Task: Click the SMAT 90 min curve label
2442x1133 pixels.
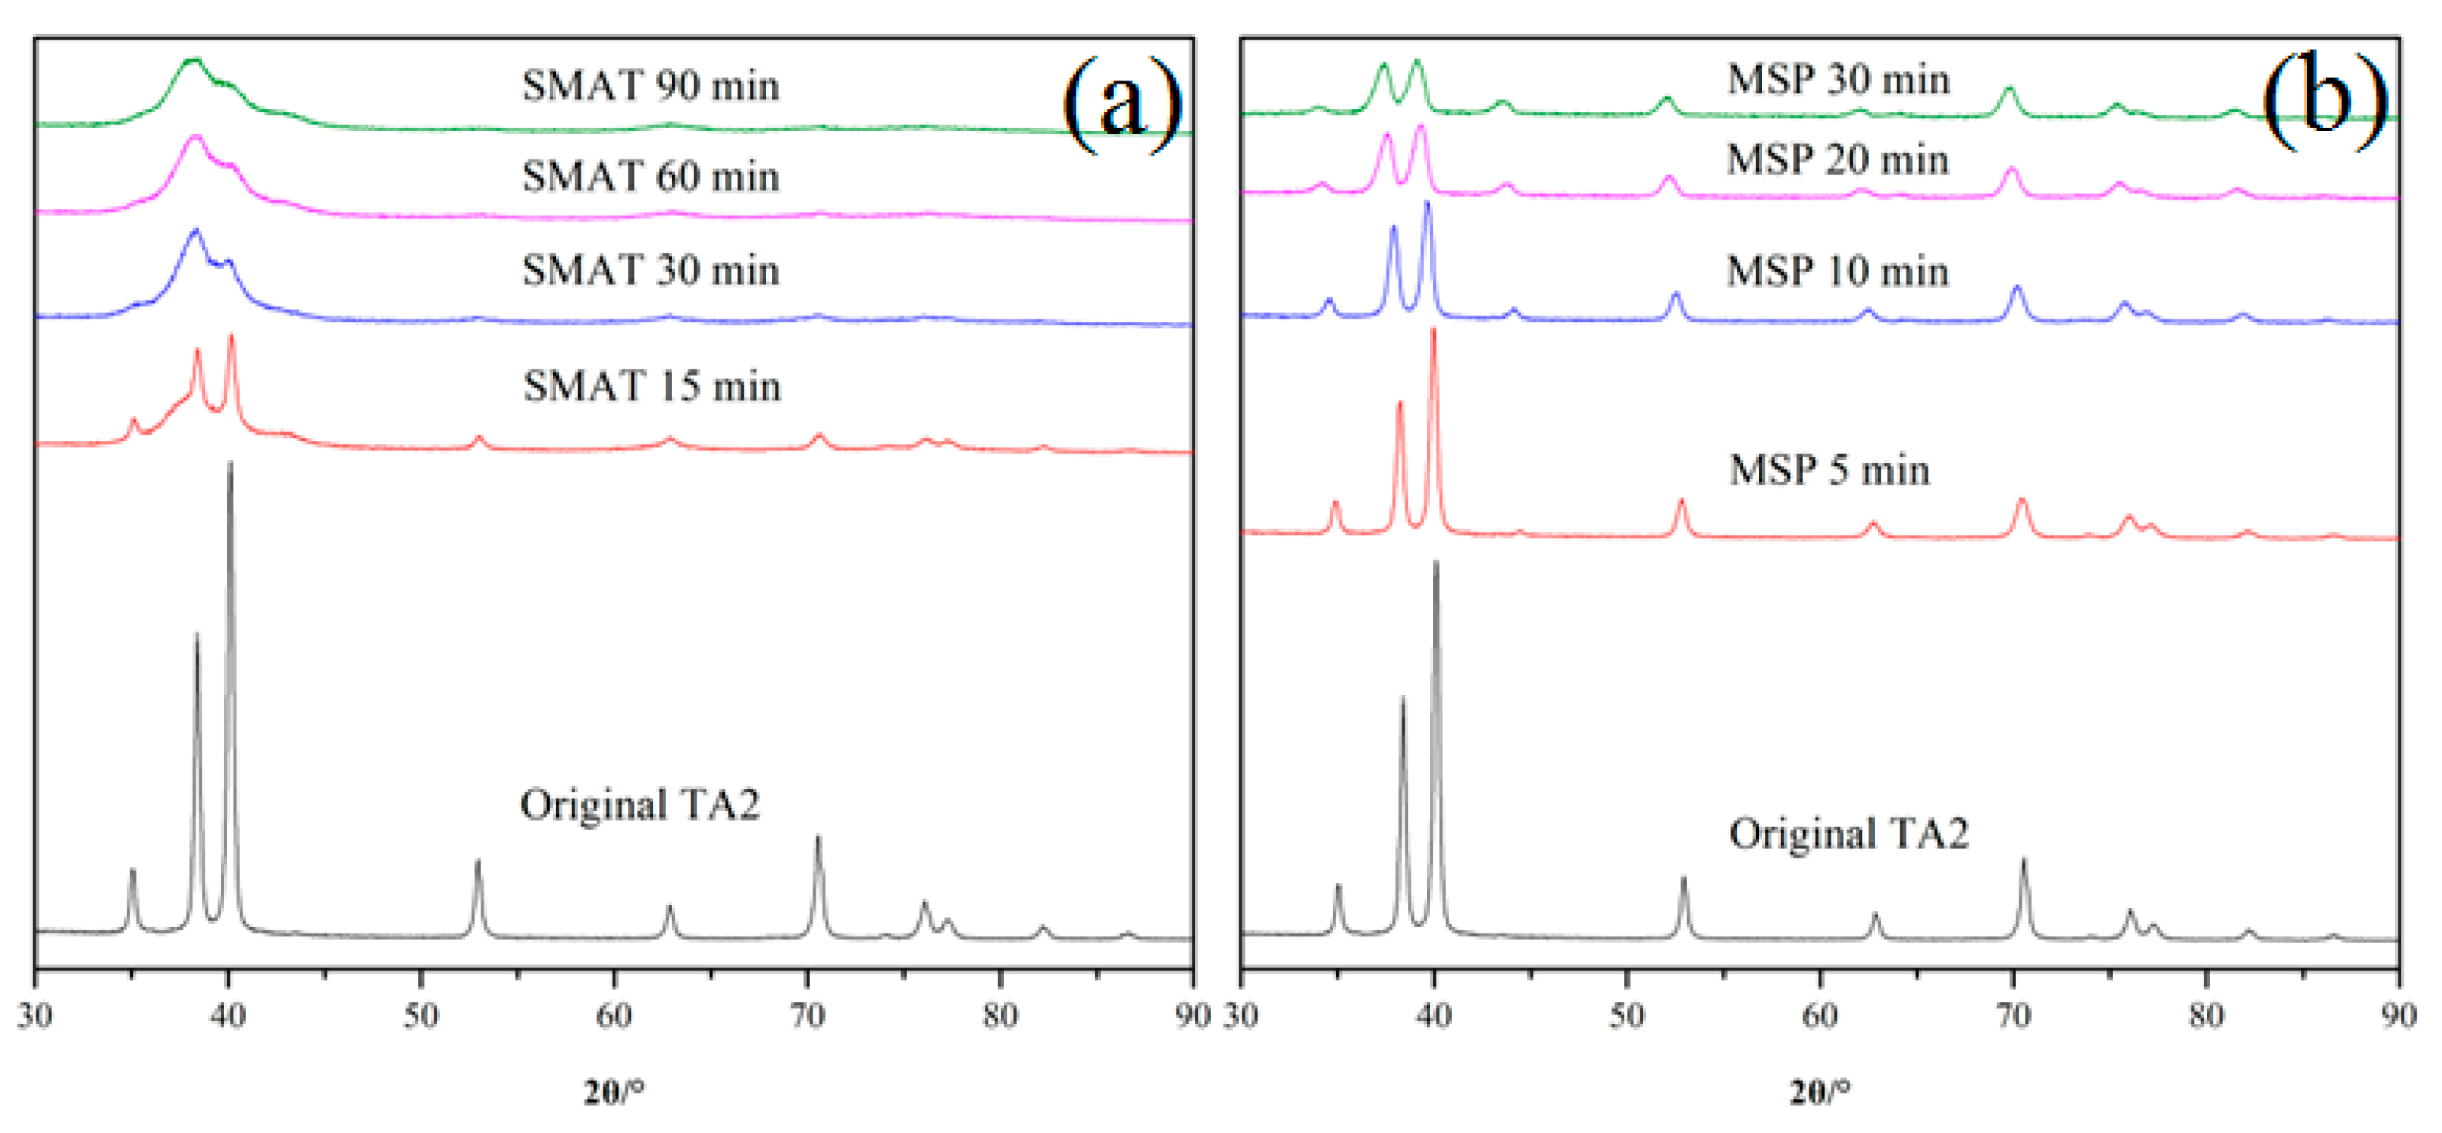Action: coord(650,86)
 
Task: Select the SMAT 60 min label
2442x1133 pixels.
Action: coord(650,178)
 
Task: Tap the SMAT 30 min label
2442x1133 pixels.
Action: coord(650,271)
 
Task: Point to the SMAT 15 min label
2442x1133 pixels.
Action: coord(652,387)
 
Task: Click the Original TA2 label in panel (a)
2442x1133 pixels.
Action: coord(640,805)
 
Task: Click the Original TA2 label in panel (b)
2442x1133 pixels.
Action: coord(1849,834)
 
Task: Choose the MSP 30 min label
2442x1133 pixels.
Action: coord(1838,80)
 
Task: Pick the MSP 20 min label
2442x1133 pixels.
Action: coord(1837,160)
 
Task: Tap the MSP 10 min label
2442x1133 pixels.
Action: coord(1837,272)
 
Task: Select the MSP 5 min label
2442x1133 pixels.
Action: coord(1828,470)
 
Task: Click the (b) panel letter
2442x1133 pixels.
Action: coord(2324,99)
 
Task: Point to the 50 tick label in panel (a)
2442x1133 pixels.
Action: coord(421,1016)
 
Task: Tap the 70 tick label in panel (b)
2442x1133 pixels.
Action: coord(2014,1016)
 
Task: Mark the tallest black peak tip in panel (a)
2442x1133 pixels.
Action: coord(230,464)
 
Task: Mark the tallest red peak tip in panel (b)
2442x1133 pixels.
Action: coord(1433,329)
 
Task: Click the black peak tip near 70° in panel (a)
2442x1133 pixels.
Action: coord(818,837)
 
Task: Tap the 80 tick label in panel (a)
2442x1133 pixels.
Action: coord(999,1016)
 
